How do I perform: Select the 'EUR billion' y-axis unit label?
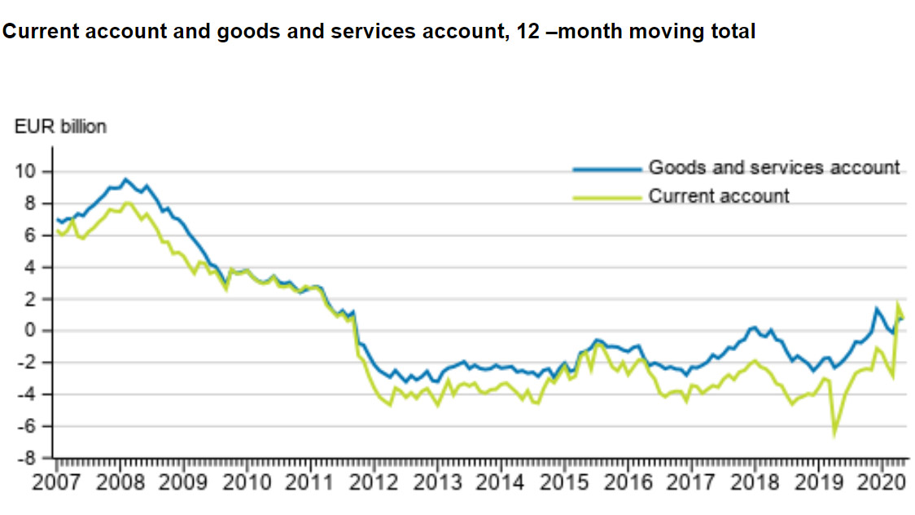point(60,127)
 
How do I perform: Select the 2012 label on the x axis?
point(373,482)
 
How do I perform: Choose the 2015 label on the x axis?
point(563,482)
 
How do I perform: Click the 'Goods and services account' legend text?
point(774,168)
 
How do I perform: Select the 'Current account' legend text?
point(719,196)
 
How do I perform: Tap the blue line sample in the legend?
point(606,169)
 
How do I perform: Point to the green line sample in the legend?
point(606,196)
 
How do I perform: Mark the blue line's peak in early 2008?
point(125,178)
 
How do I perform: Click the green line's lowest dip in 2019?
point(834,433)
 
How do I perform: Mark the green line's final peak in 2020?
point(898,305)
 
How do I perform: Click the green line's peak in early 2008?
point(129,203)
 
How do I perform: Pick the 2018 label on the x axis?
point(755,482)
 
